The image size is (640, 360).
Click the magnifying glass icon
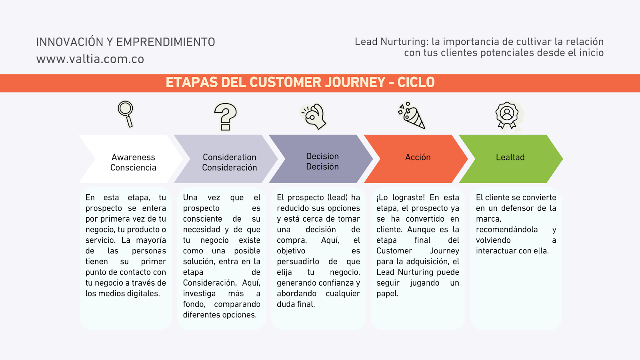tap(126, 114)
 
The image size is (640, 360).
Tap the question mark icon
tap(225, 116)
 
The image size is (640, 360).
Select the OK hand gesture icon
tap(314, 116)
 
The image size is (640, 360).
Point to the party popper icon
tap(412, 116)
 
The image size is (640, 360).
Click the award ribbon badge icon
tap(507, 116)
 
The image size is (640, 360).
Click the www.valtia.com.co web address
tap(90, 59)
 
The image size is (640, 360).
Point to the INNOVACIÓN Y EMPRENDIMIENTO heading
tap(126, 42)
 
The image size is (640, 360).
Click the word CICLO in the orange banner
tap(416, 82)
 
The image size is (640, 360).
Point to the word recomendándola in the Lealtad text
tap(507, 230)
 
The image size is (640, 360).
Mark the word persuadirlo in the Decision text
tap(298, 262)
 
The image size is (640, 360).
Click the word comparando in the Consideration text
tap(237, 304)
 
